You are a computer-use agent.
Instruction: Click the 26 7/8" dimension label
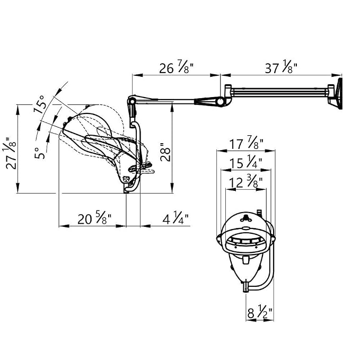(x=176, y=67)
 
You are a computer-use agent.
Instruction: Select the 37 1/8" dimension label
(x=281, y=67)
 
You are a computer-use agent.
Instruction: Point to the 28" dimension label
(x=165, y=152)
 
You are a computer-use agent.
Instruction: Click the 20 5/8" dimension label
(x=94, y=218)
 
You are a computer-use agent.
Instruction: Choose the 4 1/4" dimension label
(x=175, y=218)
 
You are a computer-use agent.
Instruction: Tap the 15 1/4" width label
(x=246, y=163)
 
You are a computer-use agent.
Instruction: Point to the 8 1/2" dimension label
(x=260, y=312)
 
